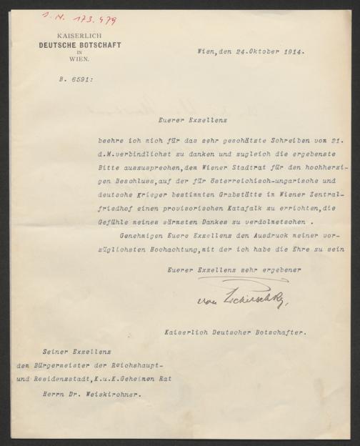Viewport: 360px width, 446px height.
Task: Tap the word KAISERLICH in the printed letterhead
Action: (80, 36)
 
